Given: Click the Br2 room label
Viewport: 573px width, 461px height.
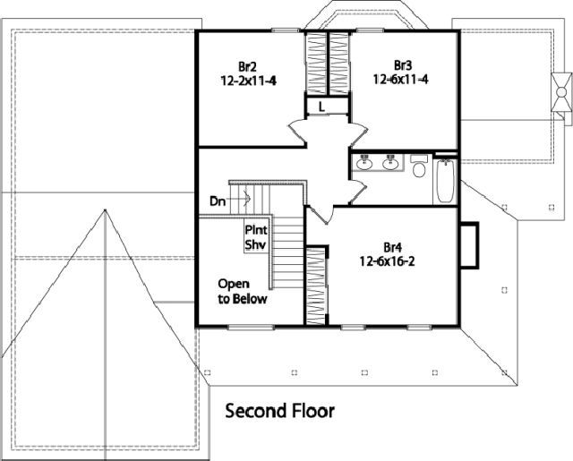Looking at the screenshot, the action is (x=247, y=67).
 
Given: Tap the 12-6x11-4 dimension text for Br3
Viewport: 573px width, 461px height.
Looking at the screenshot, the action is (x=400, y=80).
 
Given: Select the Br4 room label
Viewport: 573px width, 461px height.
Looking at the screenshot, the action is (x=392, y=248).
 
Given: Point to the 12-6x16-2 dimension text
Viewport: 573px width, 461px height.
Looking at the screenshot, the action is (x=388, y=261).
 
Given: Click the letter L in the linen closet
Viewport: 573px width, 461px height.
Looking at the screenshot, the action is (x=321, y=107).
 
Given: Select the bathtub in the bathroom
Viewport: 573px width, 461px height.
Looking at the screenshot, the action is (x=445, y=181).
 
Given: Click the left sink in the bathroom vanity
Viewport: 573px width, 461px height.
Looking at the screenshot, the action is (x=364, y=163).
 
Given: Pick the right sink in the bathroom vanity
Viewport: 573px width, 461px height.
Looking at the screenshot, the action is (x=390, y=163).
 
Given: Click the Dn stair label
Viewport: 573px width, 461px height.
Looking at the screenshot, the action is (x=218, y=201).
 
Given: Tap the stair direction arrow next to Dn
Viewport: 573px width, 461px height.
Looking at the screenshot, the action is (x=239, y=199).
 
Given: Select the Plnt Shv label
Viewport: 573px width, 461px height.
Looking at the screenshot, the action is (x=256, y=237).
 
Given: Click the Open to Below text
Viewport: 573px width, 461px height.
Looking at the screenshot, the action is (x=243, y=291).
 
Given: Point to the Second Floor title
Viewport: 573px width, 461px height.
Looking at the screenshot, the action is (x=279, y=411).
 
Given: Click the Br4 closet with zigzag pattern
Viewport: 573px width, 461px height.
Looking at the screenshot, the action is (x=316, y=286).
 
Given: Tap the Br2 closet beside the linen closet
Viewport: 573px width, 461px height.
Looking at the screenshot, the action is (x=315, y=64).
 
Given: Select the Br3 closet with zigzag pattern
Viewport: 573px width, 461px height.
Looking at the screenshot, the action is (x=339, y=64).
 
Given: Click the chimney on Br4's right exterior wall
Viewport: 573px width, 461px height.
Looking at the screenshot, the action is (x=469, y=245).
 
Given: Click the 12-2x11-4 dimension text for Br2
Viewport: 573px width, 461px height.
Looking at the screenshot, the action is (x=249, y=81).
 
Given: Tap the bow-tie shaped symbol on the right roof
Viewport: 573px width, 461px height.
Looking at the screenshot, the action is (x=561, y=91).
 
